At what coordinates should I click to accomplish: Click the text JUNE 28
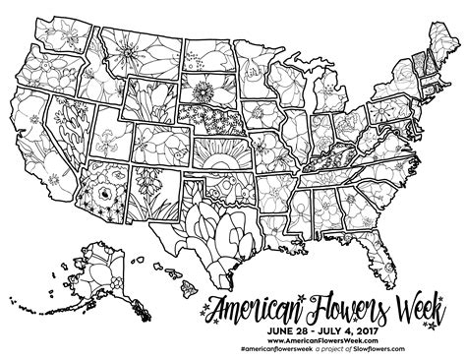(274, 321)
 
